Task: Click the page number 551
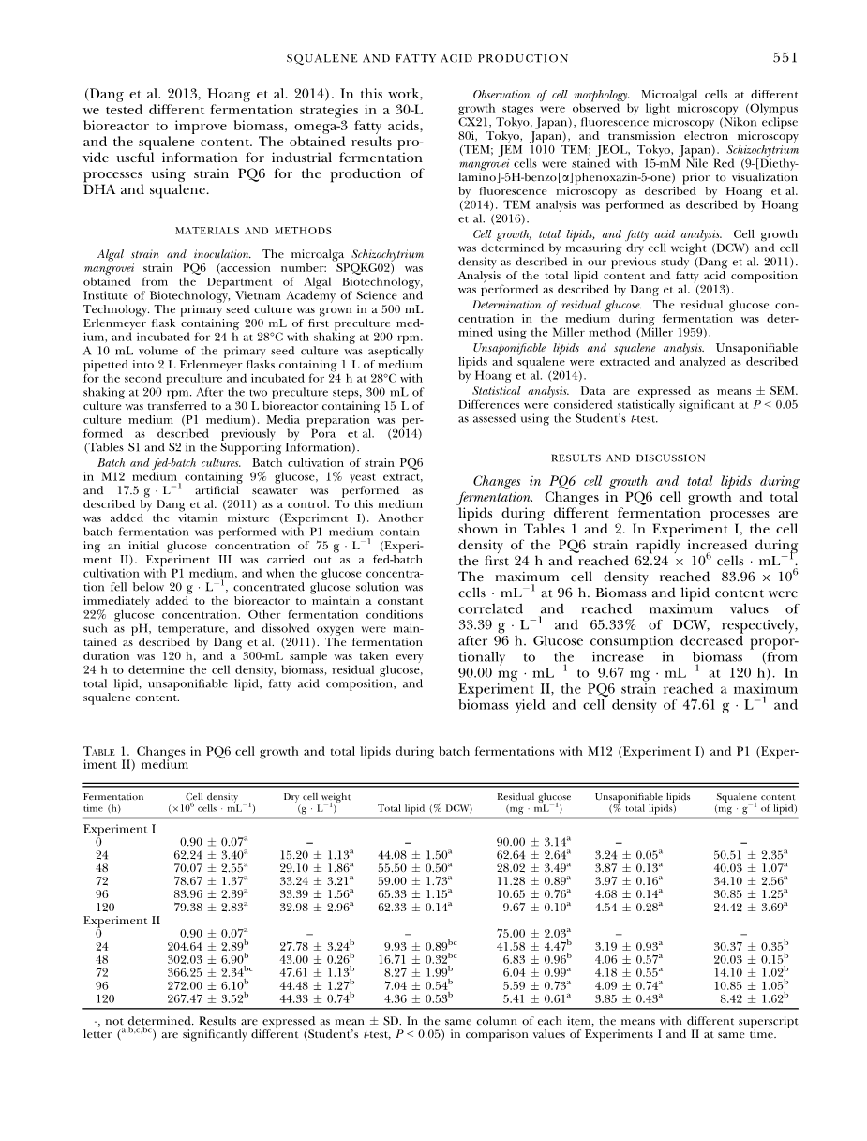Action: point(785,58)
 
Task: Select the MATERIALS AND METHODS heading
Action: point(255,231)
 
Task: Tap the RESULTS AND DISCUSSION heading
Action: point(628,458)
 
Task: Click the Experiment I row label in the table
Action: point(119,829)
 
